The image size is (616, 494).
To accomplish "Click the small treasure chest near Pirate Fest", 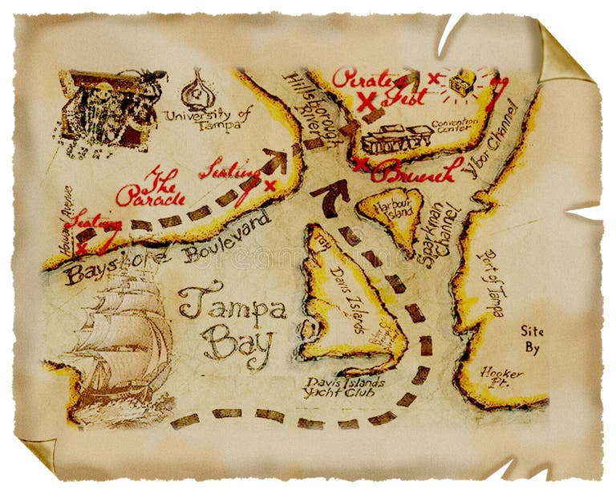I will click(x=462, y=83).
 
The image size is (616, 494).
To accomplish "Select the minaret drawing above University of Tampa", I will click(x=197, y=90).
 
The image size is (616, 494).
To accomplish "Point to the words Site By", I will click(x=532, y=339).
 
